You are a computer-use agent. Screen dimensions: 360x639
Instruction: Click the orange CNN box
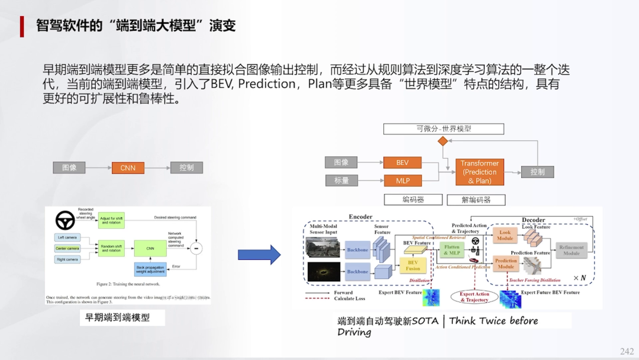[128, 168]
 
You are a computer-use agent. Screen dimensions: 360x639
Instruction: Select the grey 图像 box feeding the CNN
[69, 168]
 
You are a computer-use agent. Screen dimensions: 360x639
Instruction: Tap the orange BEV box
[402, 162]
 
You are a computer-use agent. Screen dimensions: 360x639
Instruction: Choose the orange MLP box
[402, 180]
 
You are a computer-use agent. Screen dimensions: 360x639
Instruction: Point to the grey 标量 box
[341, 180]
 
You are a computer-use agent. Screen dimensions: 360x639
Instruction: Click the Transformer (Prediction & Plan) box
[479, 172]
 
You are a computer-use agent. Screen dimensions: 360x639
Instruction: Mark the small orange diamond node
[442, 142]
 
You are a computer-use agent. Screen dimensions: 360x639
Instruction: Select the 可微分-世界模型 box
[443, 128]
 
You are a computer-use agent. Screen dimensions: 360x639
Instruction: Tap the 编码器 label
[414, 200]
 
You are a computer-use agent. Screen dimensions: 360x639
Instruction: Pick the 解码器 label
[476, 200]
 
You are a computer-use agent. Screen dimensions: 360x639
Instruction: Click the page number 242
[627, 351]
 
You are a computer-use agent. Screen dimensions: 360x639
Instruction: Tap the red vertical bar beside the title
[22, 26]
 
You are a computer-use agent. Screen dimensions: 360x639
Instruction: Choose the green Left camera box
[67, 237]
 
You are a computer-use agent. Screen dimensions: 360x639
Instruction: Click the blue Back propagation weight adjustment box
[150, 269]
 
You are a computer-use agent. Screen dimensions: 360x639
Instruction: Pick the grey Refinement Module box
[571, 250]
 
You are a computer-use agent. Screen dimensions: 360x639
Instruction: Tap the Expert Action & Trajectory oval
[475, 297]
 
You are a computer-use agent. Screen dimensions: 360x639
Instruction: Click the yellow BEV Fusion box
[413, 265]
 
